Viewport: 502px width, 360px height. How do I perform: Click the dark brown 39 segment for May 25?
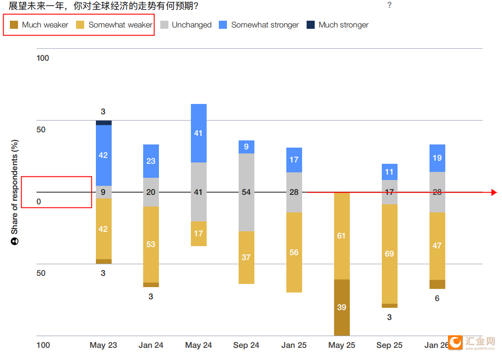[x=342, y=307]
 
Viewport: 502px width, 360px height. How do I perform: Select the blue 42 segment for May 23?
[x=104, y=155]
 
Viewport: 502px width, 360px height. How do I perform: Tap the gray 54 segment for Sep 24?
[x=246, y=192]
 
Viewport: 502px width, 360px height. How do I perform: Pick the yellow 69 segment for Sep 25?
[x=389, y=254]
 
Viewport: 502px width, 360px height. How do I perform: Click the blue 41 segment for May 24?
[x=199, y=133]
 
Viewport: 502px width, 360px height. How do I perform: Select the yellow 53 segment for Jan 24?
[x=151, y=244]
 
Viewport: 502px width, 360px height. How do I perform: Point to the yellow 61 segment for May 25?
[x=342, y=236]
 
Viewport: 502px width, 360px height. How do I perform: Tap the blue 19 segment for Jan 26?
[x=437, y=158]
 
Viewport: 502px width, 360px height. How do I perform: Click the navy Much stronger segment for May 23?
[x=104, y=122]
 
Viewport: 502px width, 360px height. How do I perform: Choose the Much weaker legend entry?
[x=39, y=25]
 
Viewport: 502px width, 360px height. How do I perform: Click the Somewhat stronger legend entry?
[x=259, y=25]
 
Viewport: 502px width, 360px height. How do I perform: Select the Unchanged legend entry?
[x=186, y=25]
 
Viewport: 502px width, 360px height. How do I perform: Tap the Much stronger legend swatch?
[x=311, y=25]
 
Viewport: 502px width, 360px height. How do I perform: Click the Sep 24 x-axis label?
[x=246, y=345]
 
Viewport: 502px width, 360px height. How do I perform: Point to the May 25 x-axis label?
[x=342, y=345]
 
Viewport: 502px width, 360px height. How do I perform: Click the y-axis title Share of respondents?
[x=15, y=193]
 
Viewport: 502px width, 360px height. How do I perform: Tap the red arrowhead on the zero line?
[x=494, y=193]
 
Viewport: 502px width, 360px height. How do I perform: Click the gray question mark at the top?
[x=389, y=5]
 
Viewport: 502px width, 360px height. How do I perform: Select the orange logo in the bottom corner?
[x=456, y=342]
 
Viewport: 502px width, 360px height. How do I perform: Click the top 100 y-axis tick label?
[x=43, y=58]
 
